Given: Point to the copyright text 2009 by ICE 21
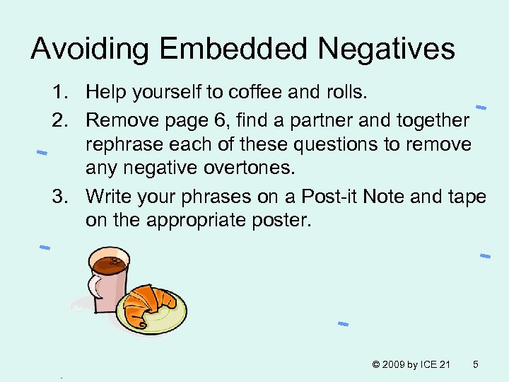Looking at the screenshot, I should pyautogui.click(x=411, y=364).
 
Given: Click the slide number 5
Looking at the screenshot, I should pyautogui.click(x=476, y=364).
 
